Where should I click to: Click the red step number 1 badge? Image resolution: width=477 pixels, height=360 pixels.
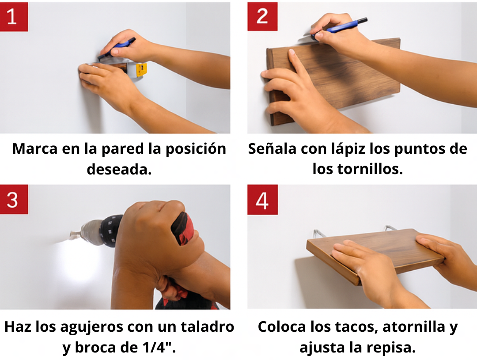tap(14, 17)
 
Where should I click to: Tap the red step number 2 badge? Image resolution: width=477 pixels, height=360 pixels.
tap(262, 16)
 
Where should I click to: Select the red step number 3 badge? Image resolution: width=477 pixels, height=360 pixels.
tap(14, 199)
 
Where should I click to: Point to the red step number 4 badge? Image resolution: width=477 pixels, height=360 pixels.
tap(262, 200)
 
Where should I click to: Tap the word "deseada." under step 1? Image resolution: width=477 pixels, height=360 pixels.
tap(119, 170)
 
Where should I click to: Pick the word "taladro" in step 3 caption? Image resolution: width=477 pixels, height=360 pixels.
tap(207, 327)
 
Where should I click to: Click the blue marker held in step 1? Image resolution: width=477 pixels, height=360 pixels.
tap(116, 49)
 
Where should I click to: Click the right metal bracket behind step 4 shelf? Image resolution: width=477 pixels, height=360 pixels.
tap(390, 228)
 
